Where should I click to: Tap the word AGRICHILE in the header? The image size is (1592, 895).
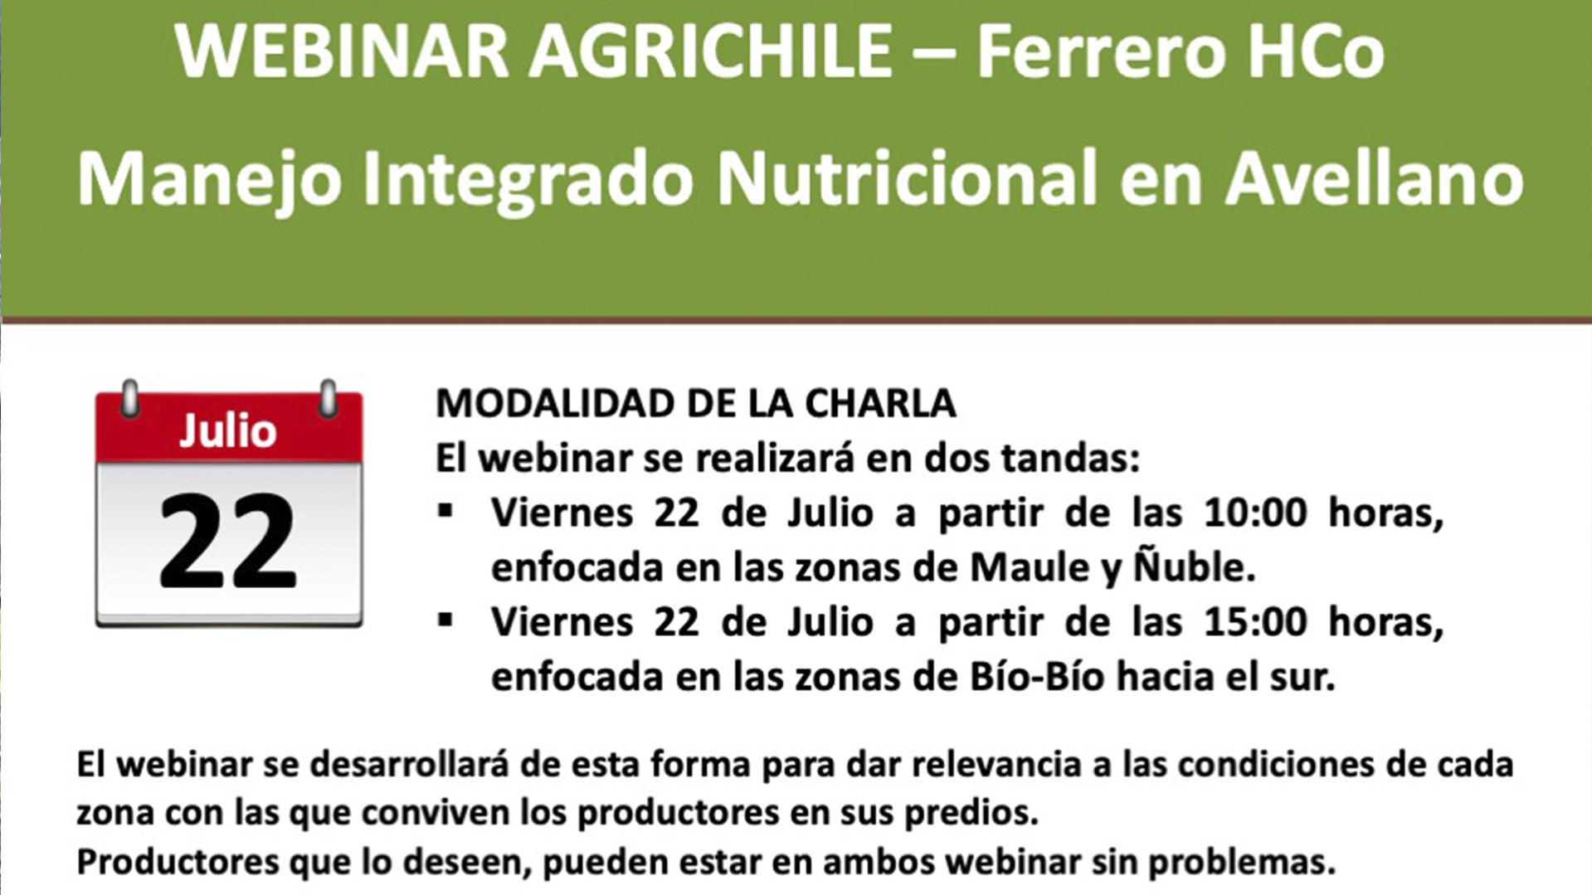pos(711,52)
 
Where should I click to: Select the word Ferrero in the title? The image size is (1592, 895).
pos(1100,52)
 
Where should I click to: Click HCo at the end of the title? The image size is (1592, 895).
pos(1316,52)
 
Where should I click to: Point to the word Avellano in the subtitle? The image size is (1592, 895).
pos(1374,179)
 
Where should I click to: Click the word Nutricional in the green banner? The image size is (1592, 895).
pos(906,179)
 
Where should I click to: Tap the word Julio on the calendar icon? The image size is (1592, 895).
pos(228,431)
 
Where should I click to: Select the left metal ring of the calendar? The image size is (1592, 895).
pos(130,399)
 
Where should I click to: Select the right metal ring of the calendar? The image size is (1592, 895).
pos(328,399)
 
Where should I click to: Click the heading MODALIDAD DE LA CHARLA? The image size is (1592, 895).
pos(695,404)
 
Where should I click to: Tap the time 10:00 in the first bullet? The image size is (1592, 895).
pos(1254,513)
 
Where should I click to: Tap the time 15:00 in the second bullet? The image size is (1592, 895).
pos(1254,622)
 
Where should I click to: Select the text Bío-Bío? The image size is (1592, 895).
pos(1037,677)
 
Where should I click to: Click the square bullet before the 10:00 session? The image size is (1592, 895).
pos(446,511)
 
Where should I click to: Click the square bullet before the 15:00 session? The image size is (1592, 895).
pos(446,620)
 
